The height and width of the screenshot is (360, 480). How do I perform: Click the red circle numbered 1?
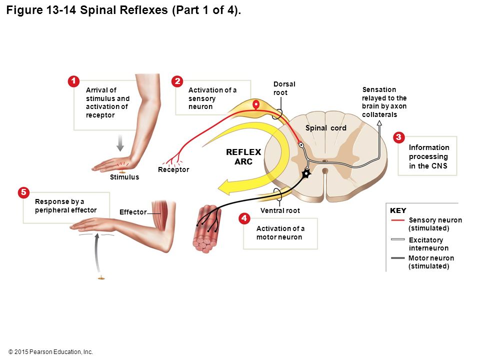(x=73, y=81)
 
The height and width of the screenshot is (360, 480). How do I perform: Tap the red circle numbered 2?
(x=177, y=81)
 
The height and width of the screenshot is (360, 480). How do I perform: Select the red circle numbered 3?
(x=398, y=137)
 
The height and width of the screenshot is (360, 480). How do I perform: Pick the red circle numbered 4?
(x=244, y=218)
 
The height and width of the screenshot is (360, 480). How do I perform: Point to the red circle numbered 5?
(x=23, y=192)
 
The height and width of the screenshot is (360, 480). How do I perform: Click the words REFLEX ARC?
(x=243, y=156)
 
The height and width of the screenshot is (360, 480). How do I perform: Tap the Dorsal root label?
(x=284, y=88)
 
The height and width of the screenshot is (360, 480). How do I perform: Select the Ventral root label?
(x=280, y=210)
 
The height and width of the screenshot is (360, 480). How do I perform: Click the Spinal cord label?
(x=325, y=128)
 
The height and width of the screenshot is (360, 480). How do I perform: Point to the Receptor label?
(x=173, y=169)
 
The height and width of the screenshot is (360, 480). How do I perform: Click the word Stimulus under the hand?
(x=124, y=177)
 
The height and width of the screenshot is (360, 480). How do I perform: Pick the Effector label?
(x=133, y=212)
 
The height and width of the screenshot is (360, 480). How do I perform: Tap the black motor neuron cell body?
(x=306, y=174)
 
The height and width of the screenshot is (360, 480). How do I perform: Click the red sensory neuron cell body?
(x=256, y=104)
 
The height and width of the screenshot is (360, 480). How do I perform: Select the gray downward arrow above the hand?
(x=120, y=142)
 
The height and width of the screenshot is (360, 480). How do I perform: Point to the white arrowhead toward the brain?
(x=379, y=123)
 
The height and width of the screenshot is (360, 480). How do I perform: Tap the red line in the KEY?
(x=398, y=220)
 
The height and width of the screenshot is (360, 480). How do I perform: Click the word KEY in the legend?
(x=398, y=210)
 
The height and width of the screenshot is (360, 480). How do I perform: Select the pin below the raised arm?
(x=101, y=278)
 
